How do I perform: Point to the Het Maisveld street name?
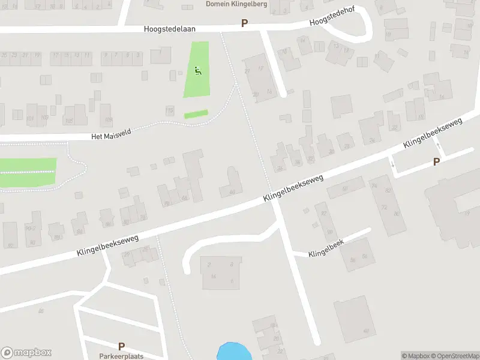coord(111,136)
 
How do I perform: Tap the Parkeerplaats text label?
coord(121,355)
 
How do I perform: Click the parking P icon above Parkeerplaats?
coord(121,346)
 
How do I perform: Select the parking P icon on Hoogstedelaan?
coord(244,23)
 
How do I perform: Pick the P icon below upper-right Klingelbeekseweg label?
coord(436,161)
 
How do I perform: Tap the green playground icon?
coord(198,71)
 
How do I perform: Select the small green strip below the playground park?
coord(196,114)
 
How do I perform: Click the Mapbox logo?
coord(26,353)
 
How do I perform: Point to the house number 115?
coord(170,111)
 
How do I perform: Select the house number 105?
coord(68,121)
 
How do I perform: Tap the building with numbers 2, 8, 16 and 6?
coord(221,273)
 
